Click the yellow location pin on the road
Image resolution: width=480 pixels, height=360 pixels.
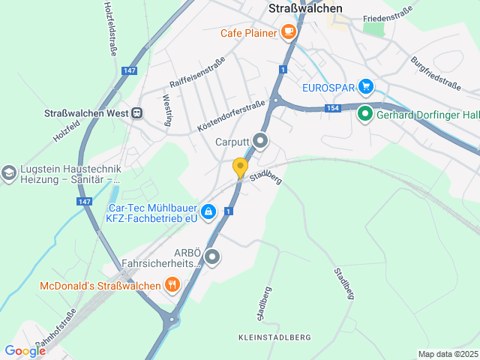[240, 167]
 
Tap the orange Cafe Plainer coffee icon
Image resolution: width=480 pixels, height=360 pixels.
[288, 31]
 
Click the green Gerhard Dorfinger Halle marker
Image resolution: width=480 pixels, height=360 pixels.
[365, 114]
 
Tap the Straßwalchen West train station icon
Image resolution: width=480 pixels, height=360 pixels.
[136, 112]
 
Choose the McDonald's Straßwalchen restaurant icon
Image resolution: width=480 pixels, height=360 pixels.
[172, 285]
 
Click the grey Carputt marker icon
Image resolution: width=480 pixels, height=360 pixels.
[260, 140]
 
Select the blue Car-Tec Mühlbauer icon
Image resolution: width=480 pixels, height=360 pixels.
[209, 212]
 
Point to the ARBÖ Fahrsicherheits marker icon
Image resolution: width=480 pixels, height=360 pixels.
[212, 257]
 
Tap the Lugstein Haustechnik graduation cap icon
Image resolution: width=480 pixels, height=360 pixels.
[9, 172]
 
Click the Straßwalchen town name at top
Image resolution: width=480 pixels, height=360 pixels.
[305, 8]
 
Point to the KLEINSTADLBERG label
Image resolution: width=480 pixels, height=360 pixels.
[274, 337]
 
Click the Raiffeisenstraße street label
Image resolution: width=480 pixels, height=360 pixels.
[197, 72]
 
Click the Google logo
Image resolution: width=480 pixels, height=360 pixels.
[25, 350]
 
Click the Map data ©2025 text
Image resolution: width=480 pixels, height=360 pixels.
[447, 354]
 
